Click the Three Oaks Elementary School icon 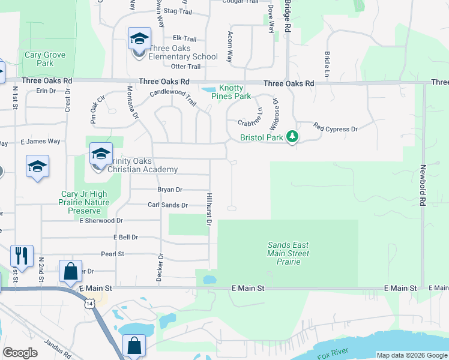139,40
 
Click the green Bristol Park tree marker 292,137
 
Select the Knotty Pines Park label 234,92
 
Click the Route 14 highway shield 89,304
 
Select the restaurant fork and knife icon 21,256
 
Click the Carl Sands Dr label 168,205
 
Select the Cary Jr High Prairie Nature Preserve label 85,202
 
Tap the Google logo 20,353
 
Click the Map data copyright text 411,355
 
